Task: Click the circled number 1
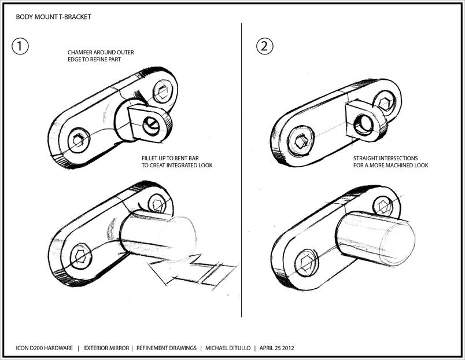(x=21, y=47)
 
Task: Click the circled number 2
(x=264, y=47)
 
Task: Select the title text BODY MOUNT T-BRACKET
(x=53, y=17)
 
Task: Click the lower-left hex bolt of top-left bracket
(x=76, y=141)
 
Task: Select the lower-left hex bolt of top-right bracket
(x=301, y=142)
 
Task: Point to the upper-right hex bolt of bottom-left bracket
(x=155, y=203)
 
